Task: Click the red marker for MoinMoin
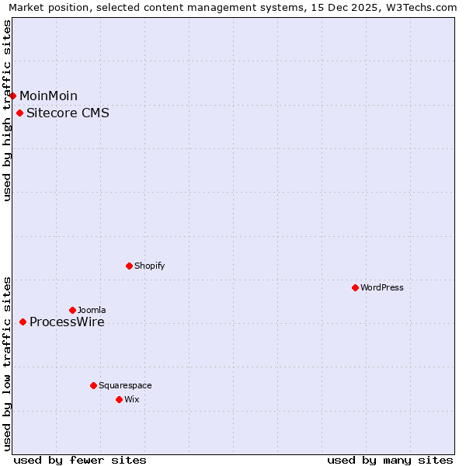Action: click(x=13, y=96)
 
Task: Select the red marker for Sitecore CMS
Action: click(x=20, y=113)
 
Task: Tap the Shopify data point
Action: click(x=129, y=266)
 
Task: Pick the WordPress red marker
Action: click(x=355, y=287)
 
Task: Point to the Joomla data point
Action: click(x=72, y=310)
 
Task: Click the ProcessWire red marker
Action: click(x=23, y=322)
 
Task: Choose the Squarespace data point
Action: click(x=93, y=385)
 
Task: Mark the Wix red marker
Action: click(x=119, y=399)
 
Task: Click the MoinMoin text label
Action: click(x=48, y=96)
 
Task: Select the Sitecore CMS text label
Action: click(x=68, y=113)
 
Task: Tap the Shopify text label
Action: click(x=149, y=266)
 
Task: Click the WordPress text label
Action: click(x=381, y=287)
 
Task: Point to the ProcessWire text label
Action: click(x=67, y=322)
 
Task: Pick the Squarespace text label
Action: click(x=125, y=385)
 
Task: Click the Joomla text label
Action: click(x=92, y=310)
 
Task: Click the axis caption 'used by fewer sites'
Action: click(x=80, y=460)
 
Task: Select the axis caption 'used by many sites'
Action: click(x=390, y=460)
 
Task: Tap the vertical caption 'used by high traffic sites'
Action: click(x=7, y=110)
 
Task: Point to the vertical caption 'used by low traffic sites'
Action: click(x=7, y=363)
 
